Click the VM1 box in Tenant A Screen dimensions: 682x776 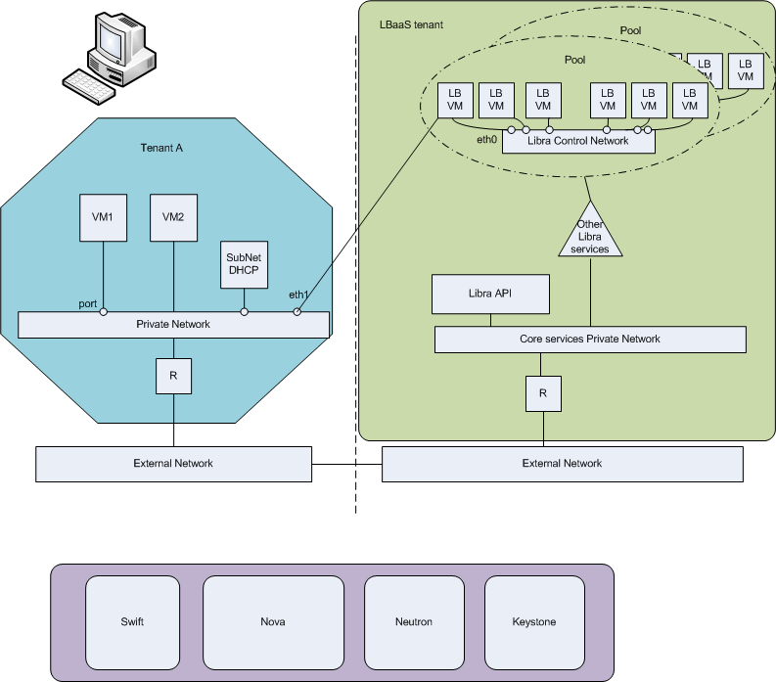tap(104, 217)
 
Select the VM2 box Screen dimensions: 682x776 tap(173, 217)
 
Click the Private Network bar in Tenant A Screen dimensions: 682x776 tap(173, 324)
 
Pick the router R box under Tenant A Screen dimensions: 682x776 tap(173, 374)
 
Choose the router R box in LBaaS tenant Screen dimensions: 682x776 tap(542, 394)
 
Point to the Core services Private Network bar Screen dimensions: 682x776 tap(589, 340)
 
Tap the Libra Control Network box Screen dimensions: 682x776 tap(577, 142)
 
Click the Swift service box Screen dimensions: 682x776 tap(132, 622)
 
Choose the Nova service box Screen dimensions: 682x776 tap(273, 622)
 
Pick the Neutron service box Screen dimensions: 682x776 tap(414, 622)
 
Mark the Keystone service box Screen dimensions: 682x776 tap(533, 622)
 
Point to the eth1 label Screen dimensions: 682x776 tap(298, 294)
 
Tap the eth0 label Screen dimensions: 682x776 tap(487, 141)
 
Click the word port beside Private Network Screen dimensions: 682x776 tap(87, 304)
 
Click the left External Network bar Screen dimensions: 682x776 tap(173, 464)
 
